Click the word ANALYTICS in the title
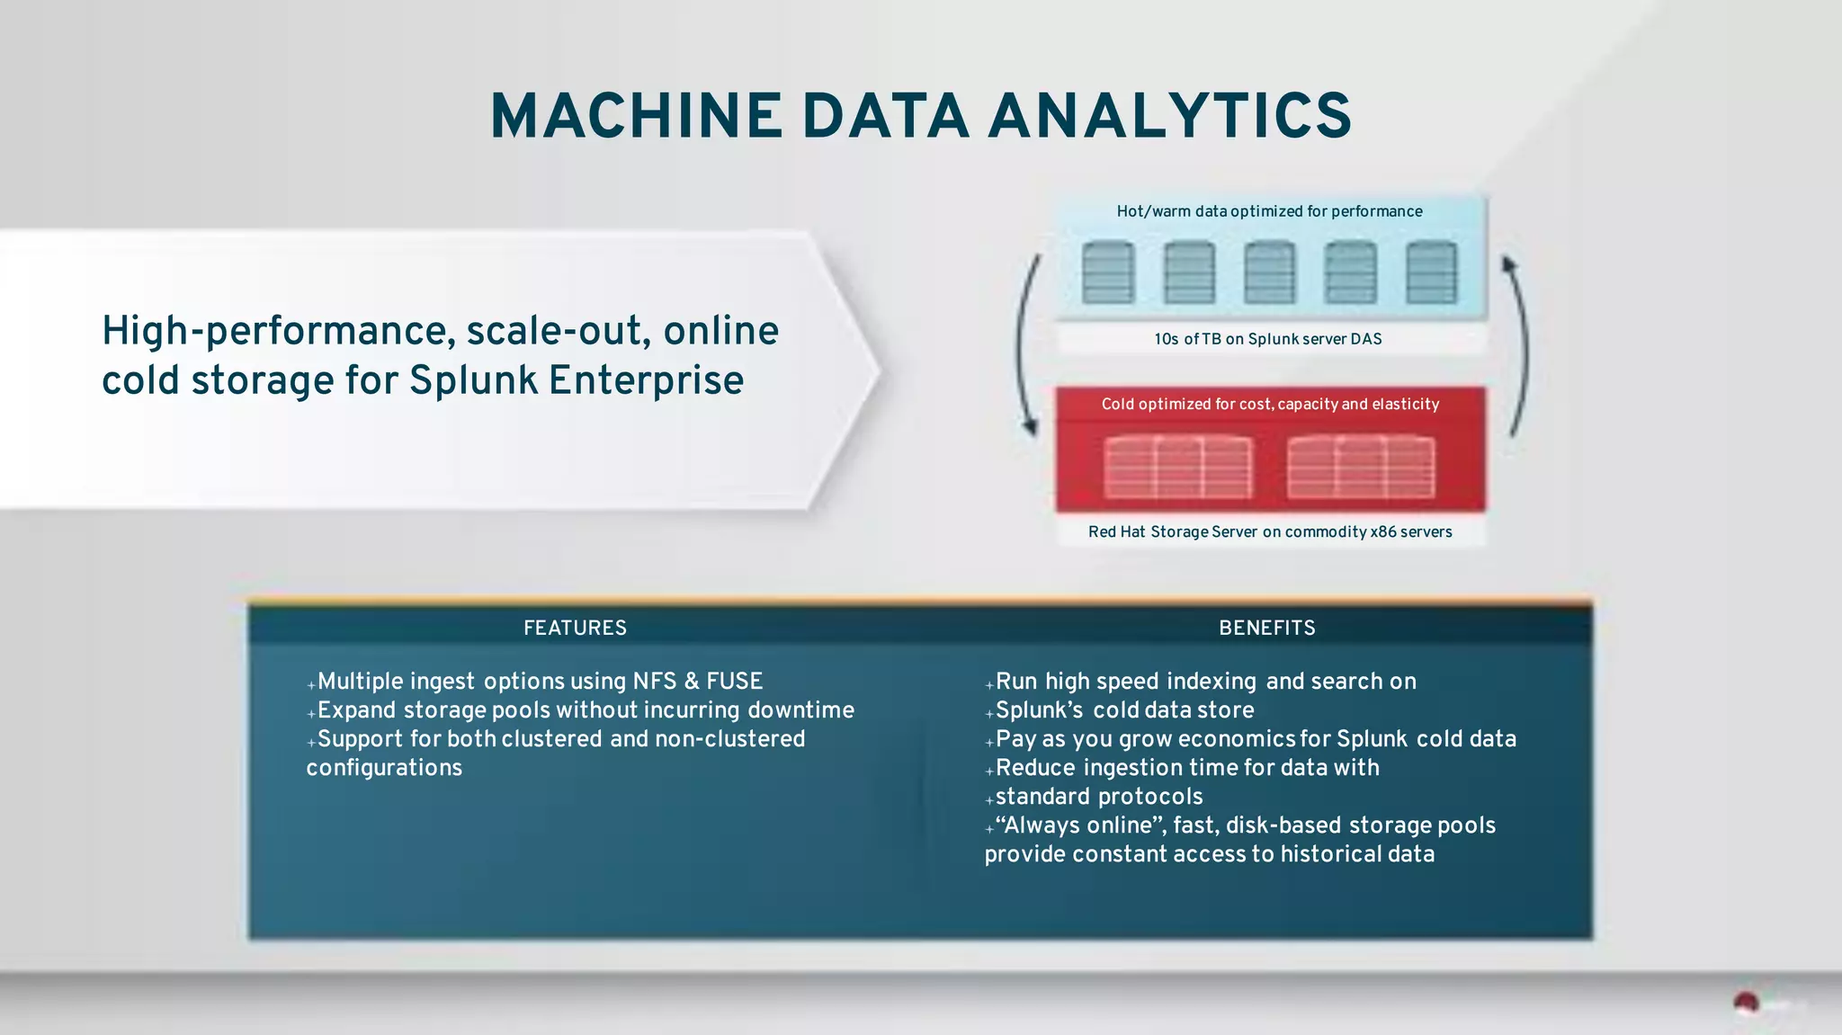[1169, 117]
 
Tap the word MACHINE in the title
[636, 117]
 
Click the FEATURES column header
[575, 628]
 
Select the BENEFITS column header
[1266, 628]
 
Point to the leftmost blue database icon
[1108, 272]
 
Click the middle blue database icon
[1269, 272]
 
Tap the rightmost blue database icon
[1431, 272]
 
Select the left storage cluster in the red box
[1177, 467]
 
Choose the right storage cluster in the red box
[1361, 467]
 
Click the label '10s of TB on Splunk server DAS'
[1268, 339]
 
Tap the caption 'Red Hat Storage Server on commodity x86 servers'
[1270, 531]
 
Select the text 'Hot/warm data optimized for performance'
[1269, 211]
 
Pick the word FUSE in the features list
[734, 681]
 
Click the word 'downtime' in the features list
[800, 709]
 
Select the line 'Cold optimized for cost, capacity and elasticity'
[1270, 404]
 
